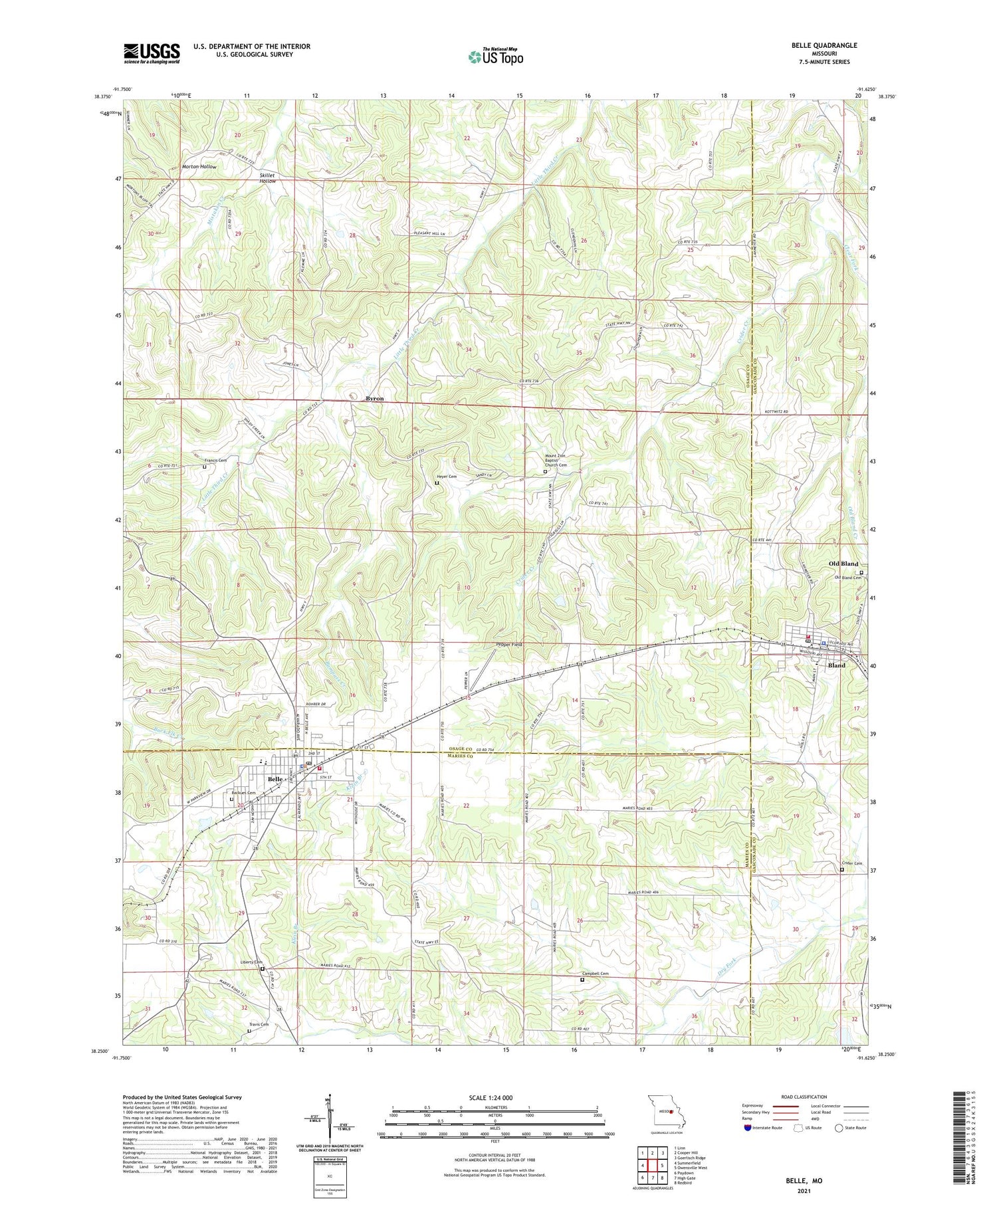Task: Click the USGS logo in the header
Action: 152,53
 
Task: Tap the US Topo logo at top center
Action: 495,56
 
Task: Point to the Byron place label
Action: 374,398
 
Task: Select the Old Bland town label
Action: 843,564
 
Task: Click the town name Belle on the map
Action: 275,779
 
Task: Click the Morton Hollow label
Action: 199,166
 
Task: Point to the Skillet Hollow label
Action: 267,178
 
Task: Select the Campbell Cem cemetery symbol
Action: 583,979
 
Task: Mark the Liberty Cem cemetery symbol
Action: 263,969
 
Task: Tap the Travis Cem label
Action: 259,1024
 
